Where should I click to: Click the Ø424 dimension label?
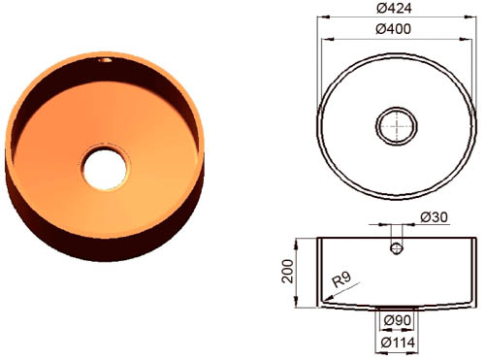394,8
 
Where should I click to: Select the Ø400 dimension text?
394,29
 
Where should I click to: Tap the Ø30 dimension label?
435,217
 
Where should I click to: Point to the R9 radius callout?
341,279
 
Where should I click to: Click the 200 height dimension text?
288,272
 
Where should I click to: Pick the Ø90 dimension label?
398,320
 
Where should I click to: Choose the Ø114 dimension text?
398,343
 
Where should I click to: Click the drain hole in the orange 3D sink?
104,168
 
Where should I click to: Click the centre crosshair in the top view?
397,125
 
